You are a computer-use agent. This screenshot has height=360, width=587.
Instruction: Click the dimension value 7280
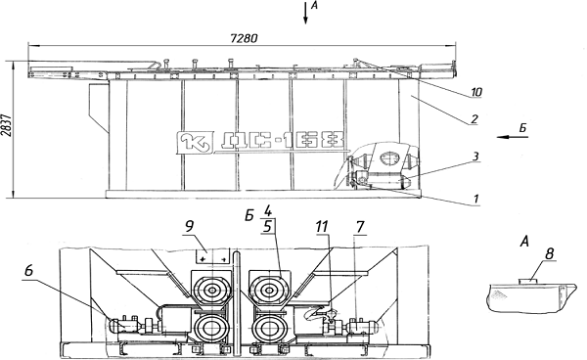244,38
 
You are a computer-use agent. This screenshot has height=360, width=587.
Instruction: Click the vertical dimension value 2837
8,124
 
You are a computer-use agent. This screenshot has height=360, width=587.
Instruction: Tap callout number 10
475,92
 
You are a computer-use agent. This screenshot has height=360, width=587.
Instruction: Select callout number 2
474,119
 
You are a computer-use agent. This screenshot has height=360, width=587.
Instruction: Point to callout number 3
475,157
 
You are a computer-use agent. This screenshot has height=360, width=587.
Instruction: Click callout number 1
475,200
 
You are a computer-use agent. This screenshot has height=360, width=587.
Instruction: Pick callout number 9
190,226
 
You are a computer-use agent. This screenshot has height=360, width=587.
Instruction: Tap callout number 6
29,271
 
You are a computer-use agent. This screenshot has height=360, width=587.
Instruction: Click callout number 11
322,226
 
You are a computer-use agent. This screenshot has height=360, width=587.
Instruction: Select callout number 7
360,227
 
